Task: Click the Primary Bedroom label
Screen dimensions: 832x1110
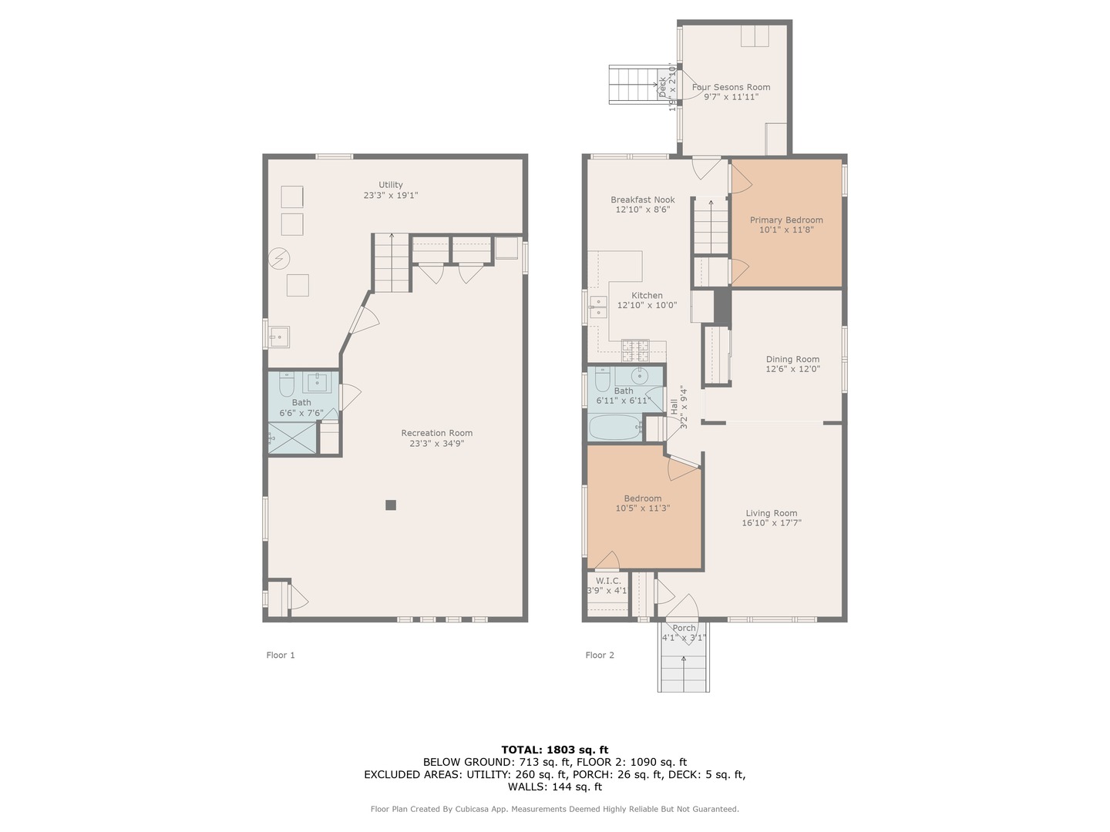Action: (786, 220)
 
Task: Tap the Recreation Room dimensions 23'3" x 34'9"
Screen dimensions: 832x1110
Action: (436, 443)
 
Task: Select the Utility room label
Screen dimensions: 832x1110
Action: (390, 185)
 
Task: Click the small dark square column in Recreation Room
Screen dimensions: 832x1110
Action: (391, 505)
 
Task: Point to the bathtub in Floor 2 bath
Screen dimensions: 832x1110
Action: (614, 427)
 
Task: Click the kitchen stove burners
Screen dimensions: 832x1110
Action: (637, 351)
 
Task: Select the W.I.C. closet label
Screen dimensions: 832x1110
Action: (607, 581)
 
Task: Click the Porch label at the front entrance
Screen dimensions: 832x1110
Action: (684, 628)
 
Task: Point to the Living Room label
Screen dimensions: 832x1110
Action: (771, 513)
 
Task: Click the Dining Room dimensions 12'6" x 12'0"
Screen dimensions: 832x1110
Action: (792, 369)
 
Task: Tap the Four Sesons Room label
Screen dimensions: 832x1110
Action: (731, 87)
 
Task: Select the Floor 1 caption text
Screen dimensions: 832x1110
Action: (281, 656)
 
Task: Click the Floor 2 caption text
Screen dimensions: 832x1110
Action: (600, 656)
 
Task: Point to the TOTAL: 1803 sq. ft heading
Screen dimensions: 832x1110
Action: (555, 749)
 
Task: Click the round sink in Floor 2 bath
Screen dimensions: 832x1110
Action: (641, 376)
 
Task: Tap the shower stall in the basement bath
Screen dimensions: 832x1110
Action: (292, 438)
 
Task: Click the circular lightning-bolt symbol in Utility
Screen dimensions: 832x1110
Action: (279, 258)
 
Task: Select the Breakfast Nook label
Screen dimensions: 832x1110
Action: (643, 200)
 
